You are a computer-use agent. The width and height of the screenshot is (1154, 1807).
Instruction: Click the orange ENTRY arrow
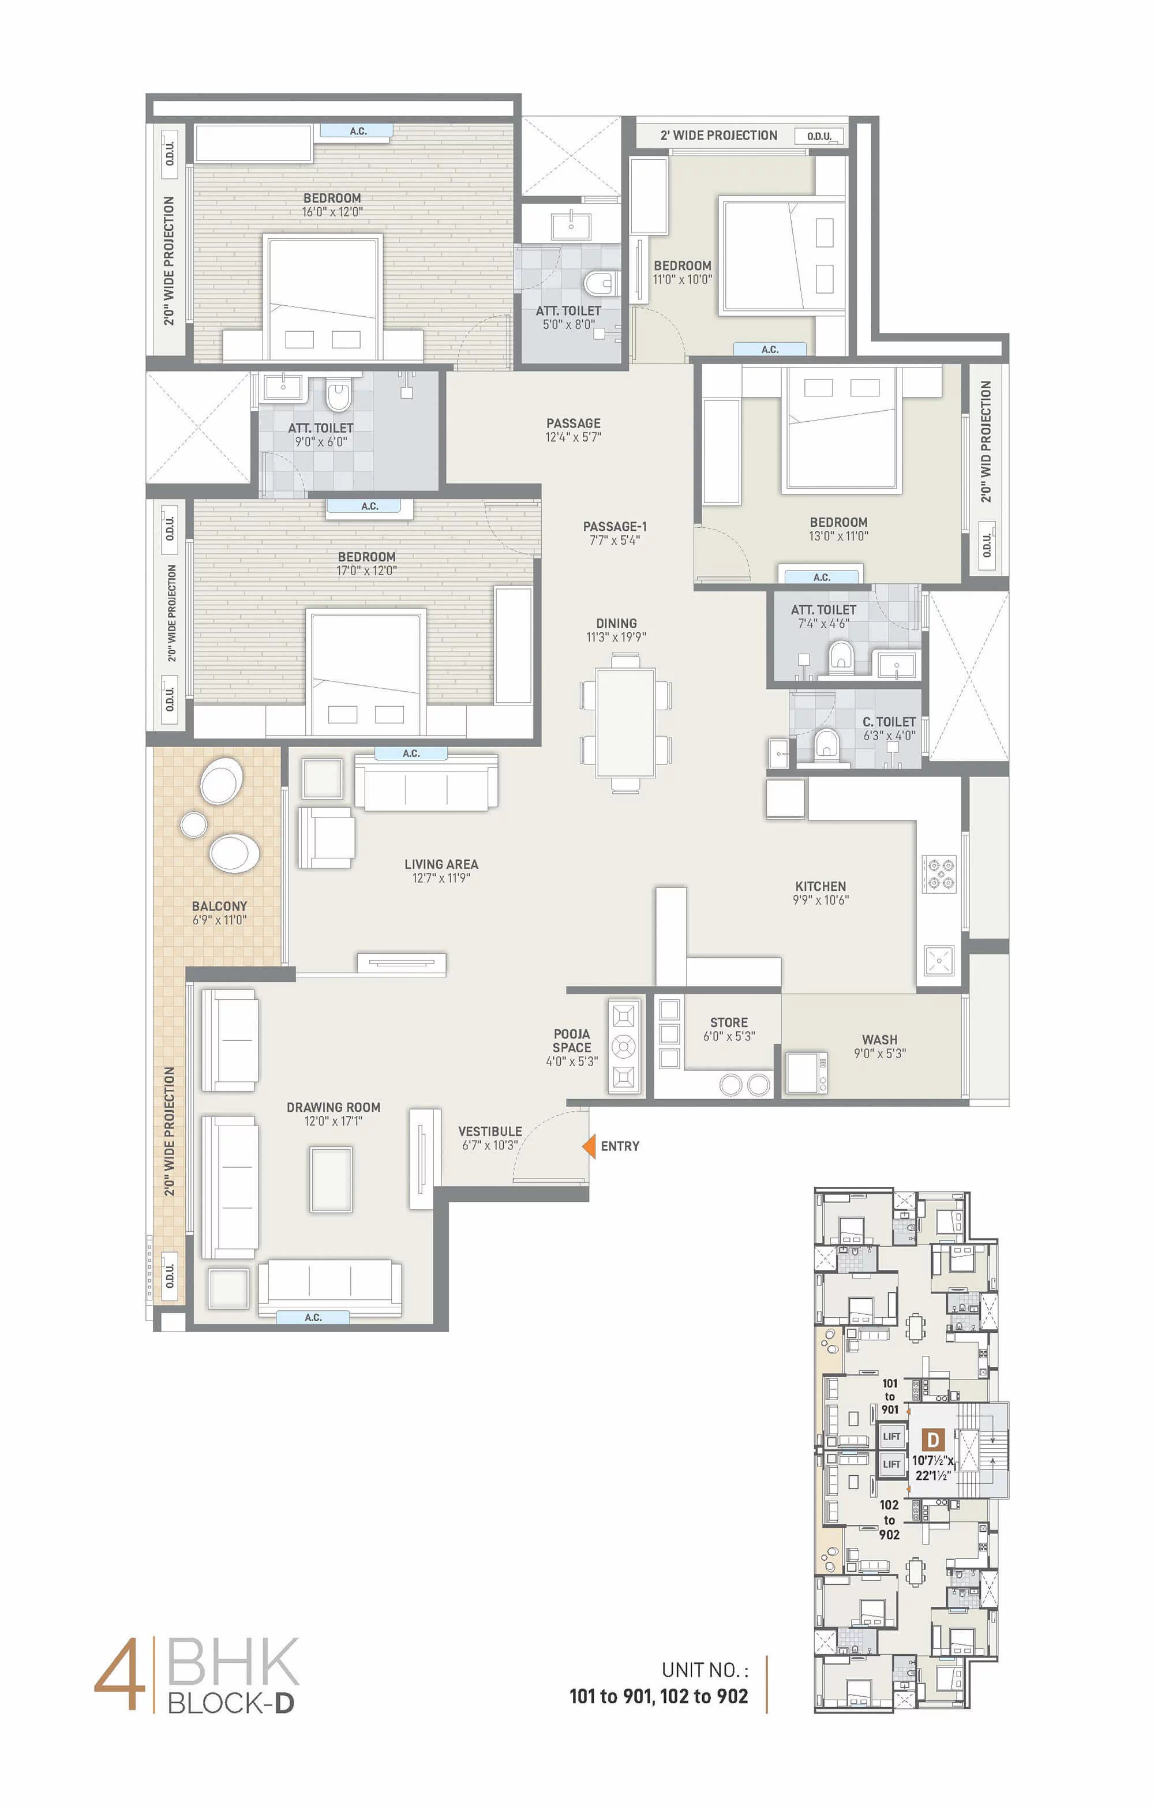point(589,1146)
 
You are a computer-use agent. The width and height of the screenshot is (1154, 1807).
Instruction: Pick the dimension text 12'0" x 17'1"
point(333,1121)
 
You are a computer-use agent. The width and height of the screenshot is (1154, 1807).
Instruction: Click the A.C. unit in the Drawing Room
point(313,1317)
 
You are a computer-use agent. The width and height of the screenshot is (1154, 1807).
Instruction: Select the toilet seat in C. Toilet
point(825,744)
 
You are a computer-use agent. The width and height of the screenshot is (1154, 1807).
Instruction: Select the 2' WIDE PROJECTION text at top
point(719,135)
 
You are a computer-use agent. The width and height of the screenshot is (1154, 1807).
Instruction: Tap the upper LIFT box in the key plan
point(891,1436)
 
